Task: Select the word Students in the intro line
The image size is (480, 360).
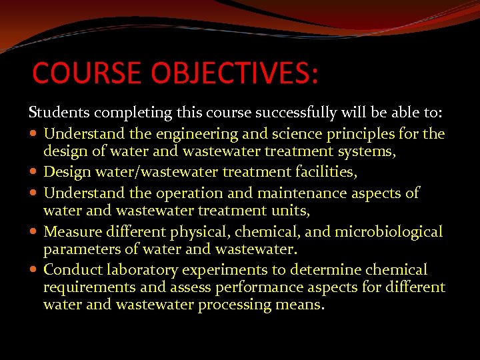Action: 57,112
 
